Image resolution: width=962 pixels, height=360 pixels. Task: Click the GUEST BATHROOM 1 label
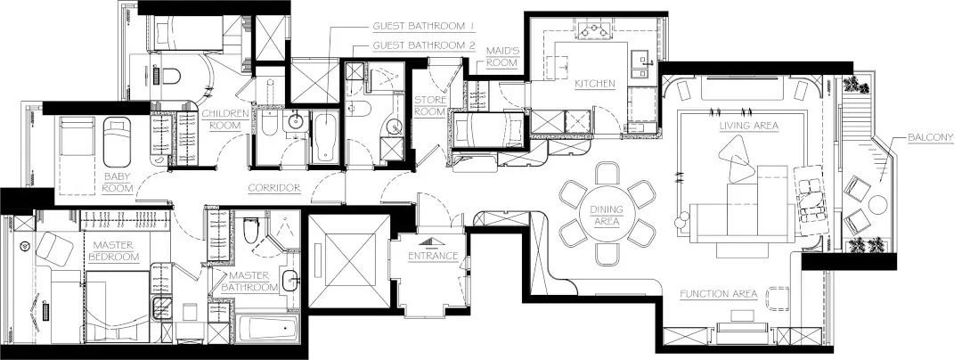point(425,27)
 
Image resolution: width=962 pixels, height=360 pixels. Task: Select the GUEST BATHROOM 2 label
point(425,45)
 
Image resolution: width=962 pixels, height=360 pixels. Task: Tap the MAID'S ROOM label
point(501,56)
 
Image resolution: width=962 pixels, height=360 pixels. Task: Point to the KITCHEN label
point(594,84)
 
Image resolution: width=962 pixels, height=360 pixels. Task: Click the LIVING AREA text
point(748,126)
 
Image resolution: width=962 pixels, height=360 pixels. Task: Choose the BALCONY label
point(931,137)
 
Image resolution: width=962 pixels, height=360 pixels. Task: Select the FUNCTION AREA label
point(719,294)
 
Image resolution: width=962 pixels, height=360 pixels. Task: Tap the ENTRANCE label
point(433,256)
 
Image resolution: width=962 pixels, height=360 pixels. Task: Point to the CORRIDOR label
point(274,188)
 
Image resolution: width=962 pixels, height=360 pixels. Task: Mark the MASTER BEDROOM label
point(116,250)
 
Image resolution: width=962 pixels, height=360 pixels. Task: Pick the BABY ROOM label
point(118,182)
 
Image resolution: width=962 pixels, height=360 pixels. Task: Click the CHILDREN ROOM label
point(225,119)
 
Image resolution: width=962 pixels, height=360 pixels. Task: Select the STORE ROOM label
point(429,105)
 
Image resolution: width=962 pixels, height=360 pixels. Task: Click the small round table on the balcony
point(877,205)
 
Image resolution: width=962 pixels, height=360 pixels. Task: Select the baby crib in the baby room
point(117,143)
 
